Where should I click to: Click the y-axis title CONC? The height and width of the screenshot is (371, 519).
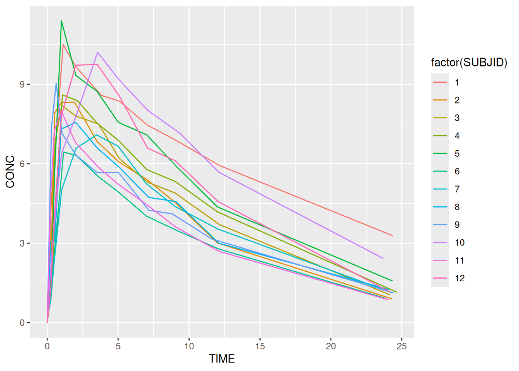tap(10, 172)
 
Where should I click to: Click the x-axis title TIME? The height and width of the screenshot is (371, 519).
tap(222, 359)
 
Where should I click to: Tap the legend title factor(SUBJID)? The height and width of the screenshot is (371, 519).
tap(469, 62)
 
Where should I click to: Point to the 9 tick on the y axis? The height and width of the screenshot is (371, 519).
tap(22, 84)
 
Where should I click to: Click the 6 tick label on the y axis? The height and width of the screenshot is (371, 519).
tap(22, 164)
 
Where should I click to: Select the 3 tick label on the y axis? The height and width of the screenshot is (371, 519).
tap(22, 243)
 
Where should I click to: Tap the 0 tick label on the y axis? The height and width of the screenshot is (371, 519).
tap(22, 323)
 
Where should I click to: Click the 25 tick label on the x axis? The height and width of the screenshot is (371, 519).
tap(402, 346)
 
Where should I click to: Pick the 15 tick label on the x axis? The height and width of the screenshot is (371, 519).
tap(260, 346)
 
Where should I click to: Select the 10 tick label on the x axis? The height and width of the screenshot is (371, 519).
tap(189, 346)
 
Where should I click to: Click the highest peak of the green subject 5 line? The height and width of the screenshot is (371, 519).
tap(61, 21)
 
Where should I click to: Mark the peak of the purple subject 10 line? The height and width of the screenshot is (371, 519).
tap(98, 52)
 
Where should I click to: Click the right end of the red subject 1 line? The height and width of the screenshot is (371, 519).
tap(392, 235)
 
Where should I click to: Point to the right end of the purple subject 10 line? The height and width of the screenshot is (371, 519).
tap(383, 258)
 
